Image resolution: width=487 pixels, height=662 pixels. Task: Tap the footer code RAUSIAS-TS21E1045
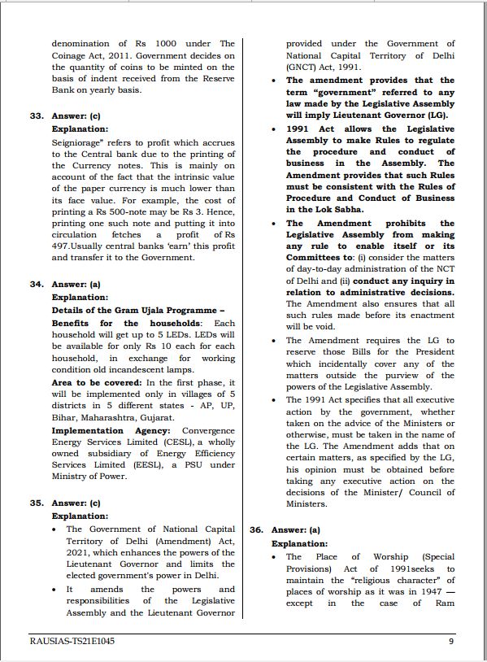pos(72,641)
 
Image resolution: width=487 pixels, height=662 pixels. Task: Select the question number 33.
pos(37,116)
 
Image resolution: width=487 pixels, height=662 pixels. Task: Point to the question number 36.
pos(256,529)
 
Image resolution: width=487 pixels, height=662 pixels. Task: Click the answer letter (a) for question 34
pos(95,285)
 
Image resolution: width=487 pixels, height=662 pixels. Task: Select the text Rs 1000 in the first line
pos(169,43)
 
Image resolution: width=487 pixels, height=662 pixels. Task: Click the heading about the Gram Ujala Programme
pos(137,310)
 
